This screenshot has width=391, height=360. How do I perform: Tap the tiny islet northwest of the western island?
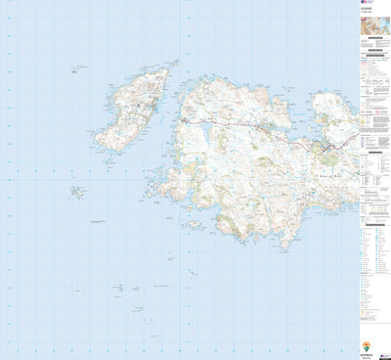[74, 69]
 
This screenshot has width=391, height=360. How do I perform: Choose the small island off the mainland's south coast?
[195, 224]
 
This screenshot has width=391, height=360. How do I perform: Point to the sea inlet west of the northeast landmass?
[311, 112]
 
